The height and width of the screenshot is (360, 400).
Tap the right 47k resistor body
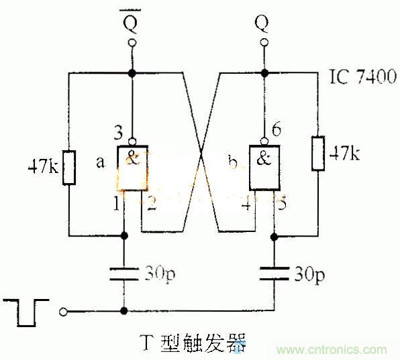(318, 154)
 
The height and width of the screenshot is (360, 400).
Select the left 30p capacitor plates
(123, 273)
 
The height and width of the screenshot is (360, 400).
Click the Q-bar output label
(132, 25)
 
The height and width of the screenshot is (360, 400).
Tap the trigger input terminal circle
(64, 311)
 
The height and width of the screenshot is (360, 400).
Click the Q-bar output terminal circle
(132, 44)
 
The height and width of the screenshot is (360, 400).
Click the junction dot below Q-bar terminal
(132, 72)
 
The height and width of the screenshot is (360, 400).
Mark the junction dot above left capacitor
(123, 235)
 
